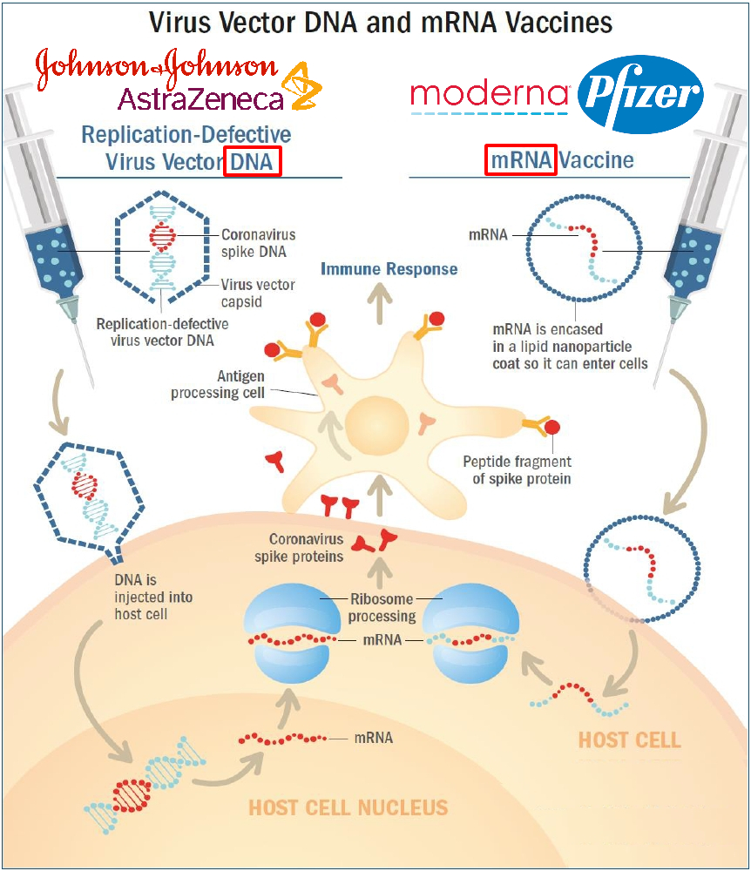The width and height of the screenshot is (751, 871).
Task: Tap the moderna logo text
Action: coord(490,94)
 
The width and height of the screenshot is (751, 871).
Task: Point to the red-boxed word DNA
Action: coord(252,161)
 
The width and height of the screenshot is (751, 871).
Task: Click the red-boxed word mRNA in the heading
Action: coord(520,160)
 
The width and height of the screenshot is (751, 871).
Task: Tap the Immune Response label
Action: coord(389,268)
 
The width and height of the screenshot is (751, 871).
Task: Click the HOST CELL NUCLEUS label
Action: coord(348,807)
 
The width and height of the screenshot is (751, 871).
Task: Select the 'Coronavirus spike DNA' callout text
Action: coord(258,242)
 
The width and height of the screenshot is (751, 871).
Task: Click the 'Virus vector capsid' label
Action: coord(258,293)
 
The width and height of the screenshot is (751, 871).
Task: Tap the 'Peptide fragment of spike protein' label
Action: coord(517,469)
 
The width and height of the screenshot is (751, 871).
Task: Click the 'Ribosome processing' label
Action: coord(382,607)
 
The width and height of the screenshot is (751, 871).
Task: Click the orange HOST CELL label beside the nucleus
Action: coord(630,740)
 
